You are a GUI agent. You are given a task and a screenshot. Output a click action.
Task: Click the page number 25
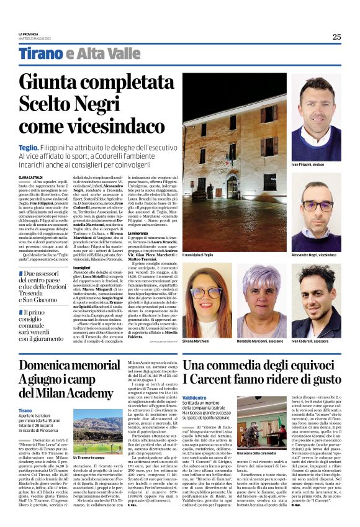pyautogui.click(x=336, y=37)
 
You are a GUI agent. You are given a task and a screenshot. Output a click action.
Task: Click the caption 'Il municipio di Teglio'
pyautogui.click(x=200, y=254)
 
